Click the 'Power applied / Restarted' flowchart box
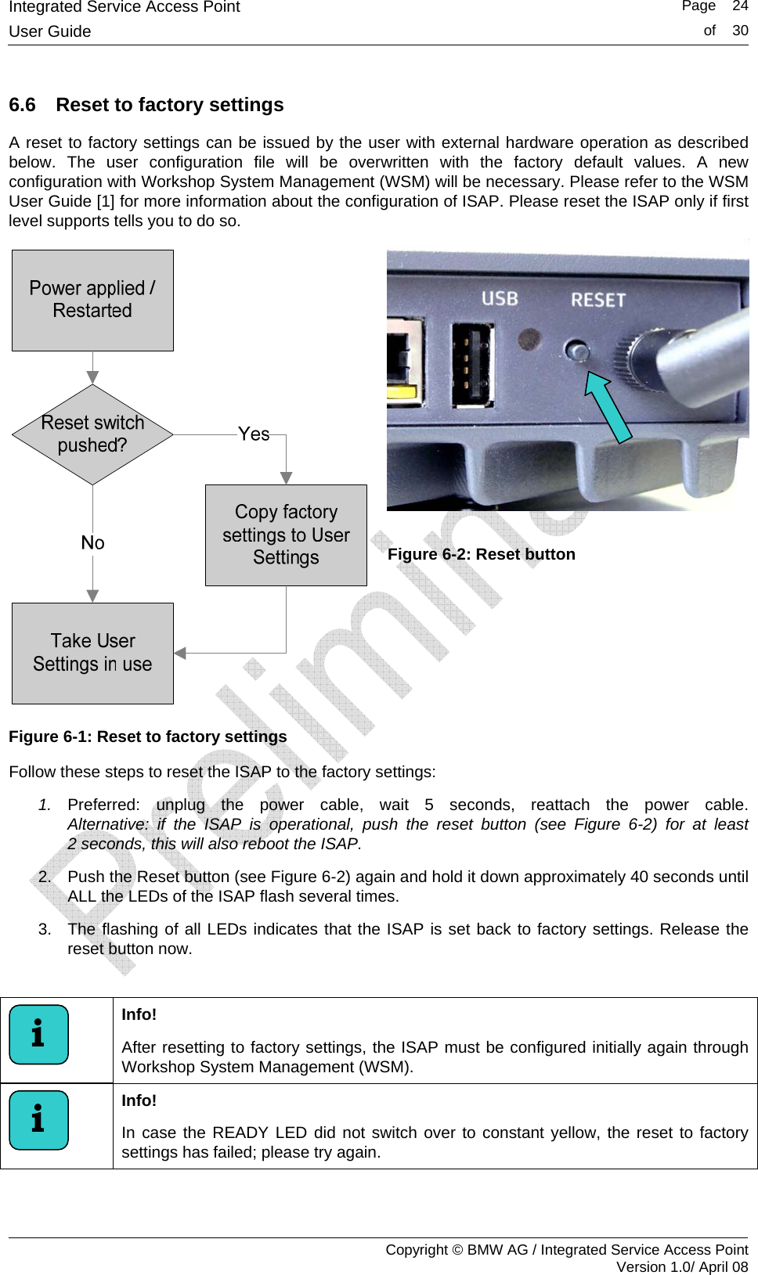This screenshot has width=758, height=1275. (92, 301)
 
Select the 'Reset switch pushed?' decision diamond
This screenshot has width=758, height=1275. (92, 434)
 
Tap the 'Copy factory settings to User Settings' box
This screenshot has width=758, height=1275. (286, 535)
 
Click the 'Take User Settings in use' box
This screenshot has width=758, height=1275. (92, 653)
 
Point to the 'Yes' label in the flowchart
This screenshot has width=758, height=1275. (254, 434)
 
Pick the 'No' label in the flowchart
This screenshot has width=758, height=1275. (92, 542)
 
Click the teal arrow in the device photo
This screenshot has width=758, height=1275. (610, 406)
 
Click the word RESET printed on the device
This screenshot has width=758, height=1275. (598, 300)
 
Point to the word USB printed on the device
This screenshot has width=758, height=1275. (500, 299)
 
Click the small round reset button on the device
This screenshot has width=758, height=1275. (577, 351)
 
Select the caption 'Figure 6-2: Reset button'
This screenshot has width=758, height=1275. (481, 554)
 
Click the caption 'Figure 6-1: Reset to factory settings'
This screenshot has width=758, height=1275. (148, 737)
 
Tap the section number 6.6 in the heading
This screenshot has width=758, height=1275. (22, 105)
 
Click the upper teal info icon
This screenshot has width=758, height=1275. (38, 1035)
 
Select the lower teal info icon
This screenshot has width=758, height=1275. (38, 1120)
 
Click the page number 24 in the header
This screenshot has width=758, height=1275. (740, 7)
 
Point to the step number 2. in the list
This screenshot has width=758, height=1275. (45, 877)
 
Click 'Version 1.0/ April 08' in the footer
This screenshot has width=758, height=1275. (681, 1266)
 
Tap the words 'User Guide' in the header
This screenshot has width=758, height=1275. (50, 31)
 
